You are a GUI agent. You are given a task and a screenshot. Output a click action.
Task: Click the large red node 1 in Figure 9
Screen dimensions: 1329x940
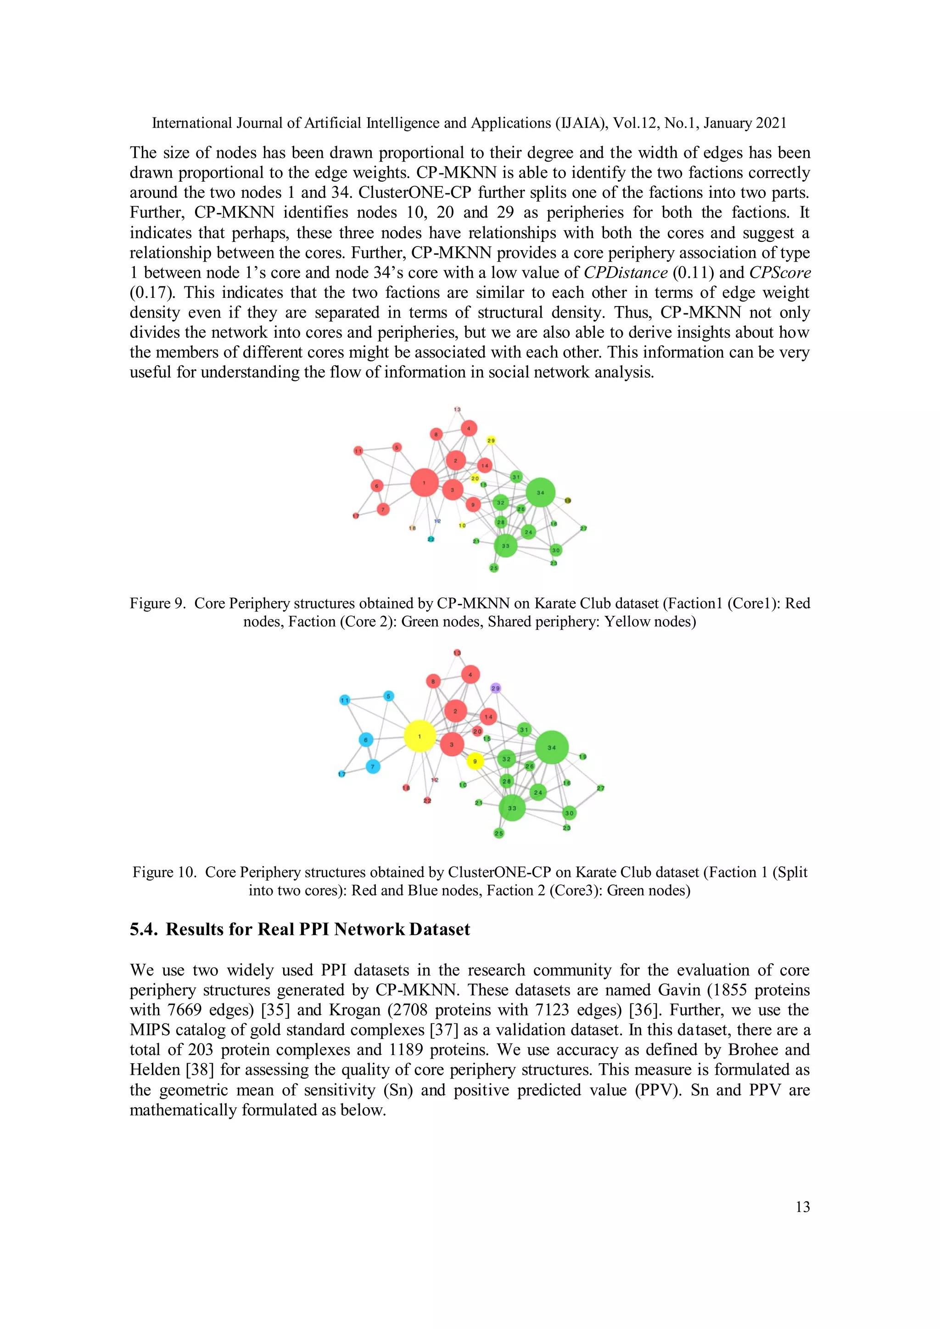pos(424,482)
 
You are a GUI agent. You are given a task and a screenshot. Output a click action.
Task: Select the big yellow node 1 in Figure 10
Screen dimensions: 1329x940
pos(420,736)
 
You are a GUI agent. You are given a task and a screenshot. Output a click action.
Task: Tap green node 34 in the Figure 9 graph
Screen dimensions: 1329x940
pos(541,492)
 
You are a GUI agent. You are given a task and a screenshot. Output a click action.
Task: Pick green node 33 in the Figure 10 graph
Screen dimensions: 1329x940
pos(512,808)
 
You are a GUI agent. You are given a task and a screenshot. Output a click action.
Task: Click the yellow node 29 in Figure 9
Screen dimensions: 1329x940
pos(491,441)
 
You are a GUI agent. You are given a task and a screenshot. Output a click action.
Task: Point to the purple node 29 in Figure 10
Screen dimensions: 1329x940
pos(495,688)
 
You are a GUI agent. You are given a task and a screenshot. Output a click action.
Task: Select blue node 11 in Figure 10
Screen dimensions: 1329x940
pos(345,700)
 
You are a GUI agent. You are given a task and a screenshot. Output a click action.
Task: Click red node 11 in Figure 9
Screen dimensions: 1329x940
pos(358,451)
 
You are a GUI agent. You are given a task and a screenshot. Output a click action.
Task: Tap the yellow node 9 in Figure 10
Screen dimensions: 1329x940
pos(475,761)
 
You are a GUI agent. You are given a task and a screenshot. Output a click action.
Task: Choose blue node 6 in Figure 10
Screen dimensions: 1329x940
pos(366,740)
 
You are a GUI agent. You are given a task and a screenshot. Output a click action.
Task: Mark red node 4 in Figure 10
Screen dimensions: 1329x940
pos(470,674)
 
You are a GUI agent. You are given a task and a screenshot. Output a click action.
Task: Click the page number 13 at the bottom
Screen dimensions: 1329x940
pos(802,1206)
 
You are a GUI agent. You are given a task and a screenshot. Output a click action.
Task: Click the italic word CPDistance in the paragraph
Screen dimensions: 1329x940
pos(625,273)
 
